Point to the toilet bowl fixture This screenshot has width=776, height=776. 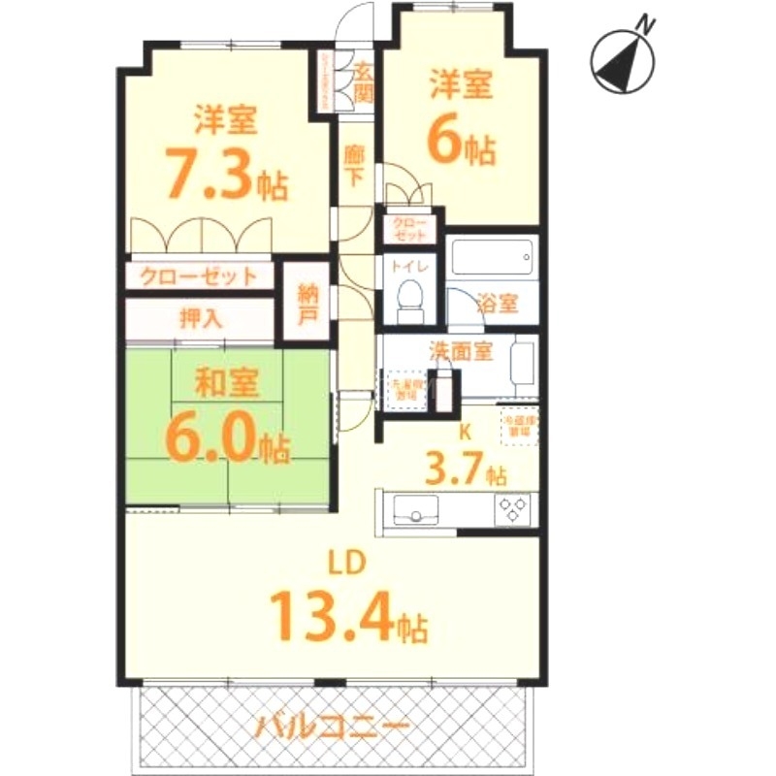(409, 297)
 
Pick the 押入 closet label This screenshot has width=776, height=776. (200, 317)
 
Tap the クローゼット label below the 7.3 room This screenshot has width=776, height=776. (200, 275)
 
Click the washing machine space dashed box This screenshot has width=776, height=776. (407, 390)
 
